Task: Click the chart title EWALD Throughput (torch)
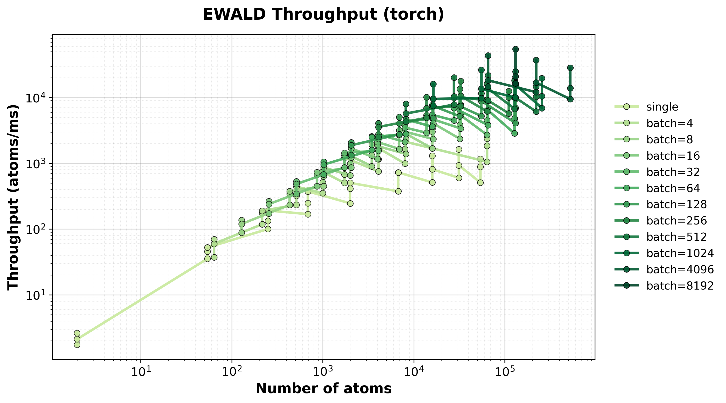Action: [x=323, y=15]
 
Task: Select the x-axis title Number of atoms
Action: [x=323, y=389]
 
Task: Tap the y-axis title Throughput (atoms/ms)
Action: [x=13, y=197]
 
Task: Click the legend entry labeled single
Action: [x=662, y=107]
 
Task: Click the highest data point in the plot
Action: [x=515, y=49]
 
